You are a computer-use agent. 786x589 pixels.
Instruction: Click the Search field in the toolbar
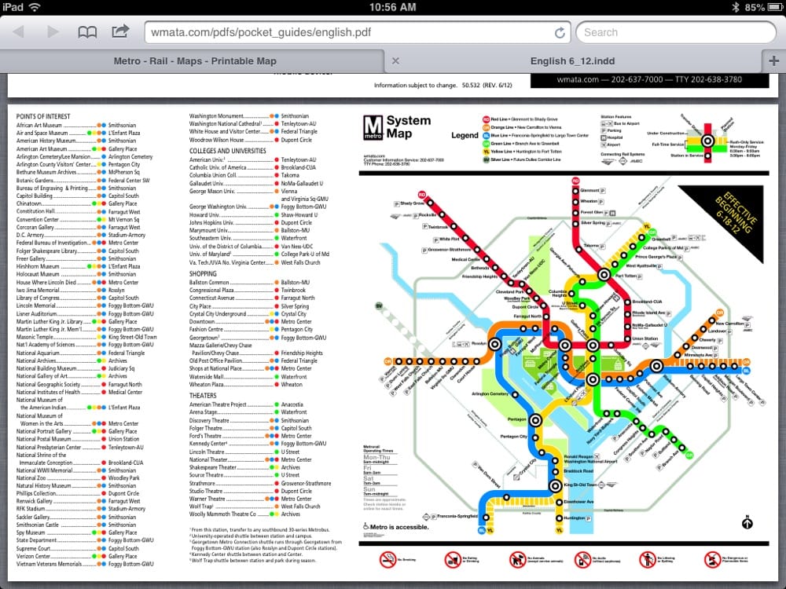[676, 32]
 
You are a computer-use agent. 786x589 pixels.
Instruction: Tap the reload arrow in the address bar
[560, 32]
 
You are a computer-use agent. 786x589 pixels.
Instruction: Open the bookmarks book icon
[87, 32]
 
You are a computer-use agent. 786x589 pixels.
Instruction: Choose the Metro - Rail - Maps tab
[195, 61]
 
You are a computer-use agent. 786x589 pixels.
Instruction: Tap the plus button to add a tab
[774, 61]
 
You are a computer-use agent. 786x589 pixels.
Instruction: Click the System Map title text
[409, 126]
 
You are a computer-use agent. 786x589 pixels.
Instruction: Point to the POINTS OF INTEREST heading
[43, 117]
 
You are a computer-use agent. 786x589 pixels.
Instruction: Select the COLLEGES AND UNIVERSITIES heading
[227, 151]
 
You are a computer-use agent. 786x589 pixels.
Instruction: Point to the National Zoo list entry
[32, 477]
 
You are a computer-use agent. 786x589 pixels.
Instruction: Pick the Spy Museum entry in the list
[32, 532]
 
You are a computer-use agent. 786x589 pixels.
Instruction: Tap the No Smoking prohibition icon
[387, 558]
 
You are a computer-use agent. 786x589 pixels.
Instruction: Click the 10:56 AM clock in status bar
[392, 7]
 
